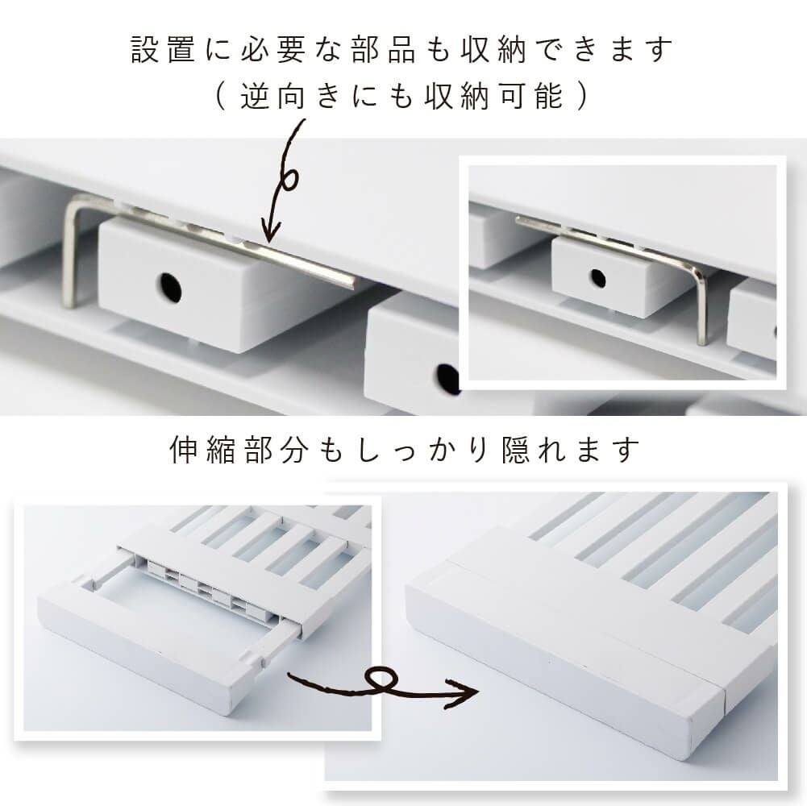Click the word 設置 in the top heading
click(163, 50)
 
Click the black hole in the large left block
click(170, 287)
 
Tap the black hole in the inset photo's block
click(597, 278)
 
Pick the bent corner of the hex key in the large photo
click(73, 201)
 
